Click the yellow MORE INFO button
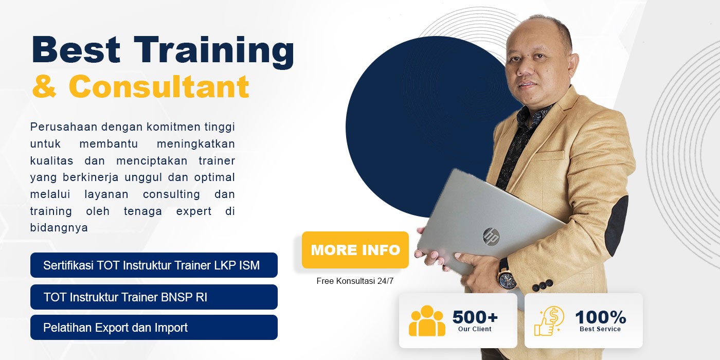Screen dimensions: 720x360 pos(355,250)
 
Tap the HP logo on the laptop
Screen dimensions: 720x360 pos(491,237)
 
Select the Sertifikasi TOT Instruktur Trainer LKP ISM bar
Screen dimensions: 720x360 pos(154,265)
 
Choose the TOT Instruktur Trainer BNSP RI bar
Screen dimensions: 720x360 pos(154,297)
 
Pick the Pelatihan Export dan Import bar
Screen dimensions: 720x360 pos(154,327)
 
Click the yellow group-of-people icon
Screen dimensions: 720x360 pos(427,321)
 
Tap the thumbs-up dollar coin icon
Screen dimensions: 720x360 pos(549,321)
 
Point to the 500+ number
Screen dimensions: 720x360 pos(475,317)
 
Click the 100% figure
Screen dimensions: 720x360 pos(601,317)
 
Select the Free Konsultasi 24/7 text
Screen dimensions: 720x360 pos(355,281)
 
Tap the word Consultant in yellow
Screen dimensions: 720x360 pos(159,86)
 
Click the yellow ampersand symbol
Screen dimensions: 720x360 pos(44,86)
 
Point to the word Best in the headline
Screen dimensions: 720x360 pos(76,49)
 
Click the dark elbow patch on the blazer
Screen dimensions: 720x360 pos(617,225)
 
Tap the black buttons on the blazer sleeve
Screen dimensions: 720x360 pos(543,285)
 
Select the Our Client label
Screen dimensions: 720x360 pos(475,329)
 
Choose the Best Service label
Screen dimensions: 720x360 pos(600,329)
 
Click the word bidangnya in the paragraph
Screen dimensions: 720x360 pos(59,227)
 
